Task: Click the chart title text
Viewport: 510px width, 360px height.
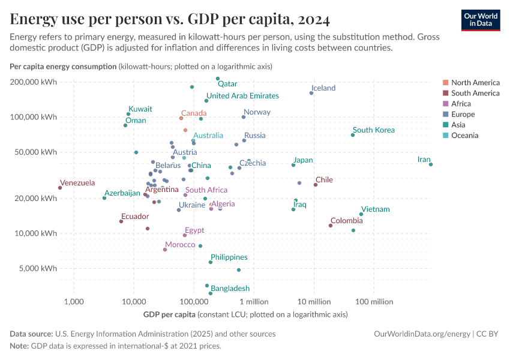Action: [170, 19]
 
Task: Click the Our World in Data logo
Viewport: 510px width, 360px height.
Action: [480, 20]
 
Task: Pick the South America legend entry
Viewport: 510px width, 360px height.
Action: [475, 93]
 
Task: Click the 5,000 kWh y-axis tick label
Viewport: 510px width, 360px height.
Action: [37, 269]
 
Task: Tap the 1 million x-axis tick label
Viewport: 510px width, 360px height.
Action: [253, 301]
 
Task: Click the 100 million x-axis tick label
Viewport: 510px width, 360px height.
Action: [374, 301]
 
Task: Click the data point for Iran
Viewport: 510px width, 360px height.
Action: [431, 164]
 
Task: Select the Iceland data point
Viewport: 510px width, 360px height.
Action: [311, 93]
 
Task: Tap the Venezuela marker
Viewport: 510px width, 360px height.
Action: [60, 188]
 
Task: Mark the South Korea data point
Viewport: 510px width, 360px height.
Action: [353, 135]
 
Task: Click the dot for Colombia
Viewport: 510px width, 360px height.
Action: [331, 226]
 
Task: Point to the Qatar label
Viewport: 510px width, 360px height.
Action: [227, 84]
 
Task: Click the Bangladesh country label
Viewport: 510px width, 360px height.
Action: [230, 289]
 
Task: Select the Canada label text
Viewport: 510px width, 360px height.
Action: [194, 113]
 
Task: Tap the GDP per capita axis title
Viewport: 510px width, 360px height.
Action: [170, 314]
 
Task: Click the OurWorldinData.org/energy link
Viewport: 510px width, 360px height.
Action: [422, 334]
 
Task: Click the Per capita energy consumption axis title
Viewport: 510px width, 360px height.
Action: [63, 66]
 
